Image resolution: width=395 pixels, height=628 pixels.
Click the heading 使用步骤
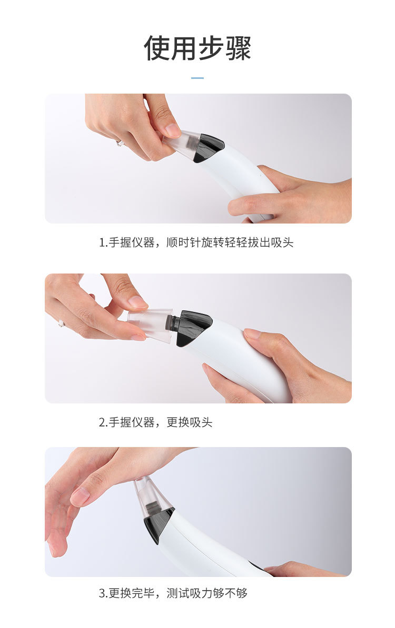coord(197,48)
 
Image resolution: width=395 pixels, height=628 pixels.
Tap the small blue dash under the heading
coord(197,78)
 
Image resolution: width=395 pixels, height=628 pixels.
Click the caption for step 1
coord(196,242)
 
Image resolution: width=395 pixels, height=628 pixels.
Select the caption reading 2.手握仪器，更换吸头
coord(155,422)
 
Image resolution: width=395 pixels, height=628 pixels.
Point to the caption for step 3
coord(173,593)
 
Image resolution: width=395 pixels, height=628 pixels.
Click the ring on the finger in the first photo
coord(120,143)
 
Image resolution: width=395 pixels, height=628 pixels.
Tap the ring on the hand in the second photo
coord(61,323)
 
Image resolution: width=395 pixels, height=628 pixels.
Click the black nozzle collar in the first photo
coord(208,147)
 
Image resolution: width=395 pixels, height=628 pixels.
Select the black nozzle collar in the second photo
coord(194,327)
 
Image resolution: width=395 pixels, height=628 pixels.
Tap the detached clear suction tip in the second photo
coord(151,323)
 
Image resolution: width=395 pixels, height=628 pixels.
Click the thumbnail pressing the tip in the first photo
coord(173,130)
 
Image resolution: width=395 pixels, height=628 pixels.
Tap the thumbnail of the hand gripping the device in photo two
coord(252,333)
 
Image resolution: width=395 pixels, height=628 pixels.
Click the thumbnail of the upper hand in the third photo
coord(80,496)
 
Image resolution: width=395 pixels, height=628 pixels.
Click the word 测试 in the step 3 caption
coord(178,593)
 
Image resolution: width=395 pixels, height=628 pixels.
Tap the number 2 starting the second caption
coord(102,422)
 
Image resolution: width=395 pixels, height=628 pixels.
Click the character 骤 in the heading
coord(239,48)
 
